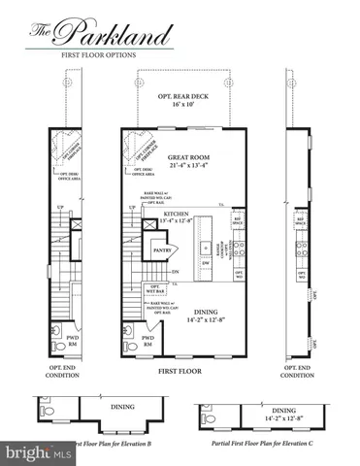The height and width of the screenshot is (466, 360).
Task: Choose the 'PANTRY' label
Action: click(162, 249)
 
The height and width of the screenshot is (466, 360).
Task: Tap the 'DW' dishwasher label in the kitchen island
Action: click(207, 262)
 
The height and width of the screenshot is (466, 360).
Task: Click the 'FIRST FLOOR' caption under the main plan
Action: click(182, 371)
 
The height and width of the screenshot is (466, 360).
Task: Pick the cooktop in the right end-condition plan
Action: click(303, 250)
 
